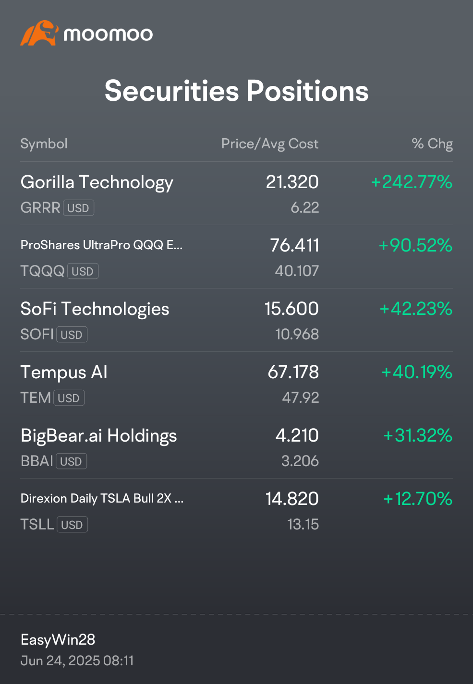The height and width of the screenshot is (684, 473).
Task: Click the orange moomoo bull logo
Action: [39, 33]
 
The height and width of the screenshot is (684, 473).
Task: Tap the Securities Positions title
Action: [236, 91]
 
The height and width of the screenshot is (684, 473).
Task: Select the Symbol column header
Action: [44, 144]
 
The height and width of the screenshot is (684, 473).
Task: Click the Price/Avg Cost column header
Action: [270, 144]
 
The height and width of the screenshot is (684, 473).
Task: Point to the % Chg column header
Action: [432, 144]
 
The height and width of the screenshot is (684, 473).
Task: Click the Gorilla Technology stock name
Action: [97, 182]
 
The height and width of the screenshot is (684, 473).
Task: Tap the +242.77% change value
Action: [412, 182]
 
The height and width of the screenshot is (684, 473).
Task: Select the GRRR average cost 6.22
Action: [304, 208]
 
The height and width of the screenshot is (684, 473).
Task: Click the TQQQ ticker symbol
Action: [42, 271]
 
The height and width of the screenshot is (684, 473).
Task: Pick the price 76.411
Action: [294, 245]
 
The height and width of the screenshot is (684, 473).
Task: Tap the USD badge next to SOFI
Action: [72, 335]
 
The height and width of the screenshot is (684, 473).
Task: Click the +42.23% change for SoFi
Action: [416, 309]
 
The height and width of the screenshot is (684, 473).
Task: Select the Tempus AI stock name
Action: [64, 372]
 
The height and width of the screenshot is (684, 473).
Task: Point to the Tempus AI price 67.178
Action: [293, 372]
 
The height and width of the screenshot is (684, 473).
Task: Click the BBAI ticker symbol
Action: [37, 461]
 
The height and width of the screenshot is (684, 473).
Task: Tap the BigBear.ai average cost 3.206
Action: [300, 461]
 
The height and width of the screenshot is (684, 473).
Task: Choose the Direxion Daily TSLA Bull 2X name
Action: [102, 498]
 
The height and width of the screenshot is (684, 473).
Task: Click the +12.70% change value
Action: [418, 499]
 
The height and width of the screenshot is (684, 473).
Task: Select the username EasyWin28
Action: [58, 639]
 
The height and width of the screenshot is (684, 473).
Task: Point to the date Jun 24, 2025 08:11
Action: [77, 660]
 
